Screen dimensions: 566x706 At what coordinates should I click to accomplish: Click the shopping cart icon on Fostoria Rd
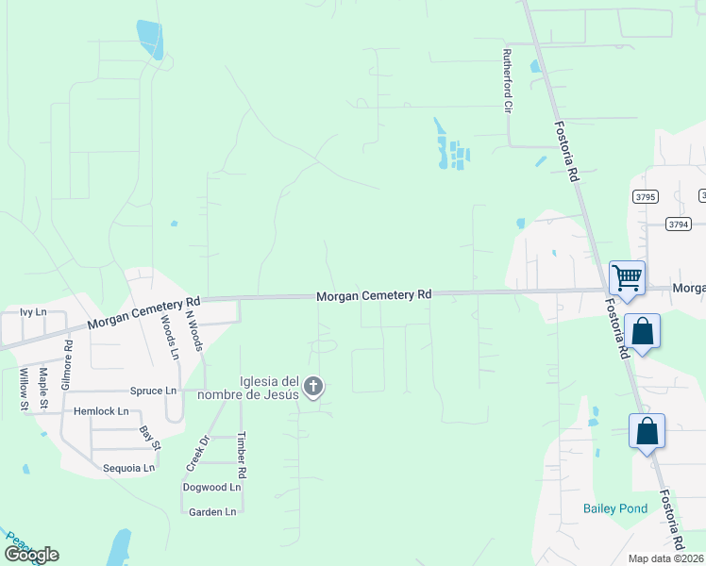click(627, 278)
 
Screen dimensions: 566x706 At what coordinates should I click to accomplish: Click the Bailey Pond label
click(614, 508)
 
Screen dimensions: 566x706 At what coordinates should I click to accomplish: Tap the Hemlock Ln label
click(101, 411)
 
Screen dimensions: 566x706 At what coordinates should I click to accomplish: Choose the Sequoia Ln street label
click(128, 468)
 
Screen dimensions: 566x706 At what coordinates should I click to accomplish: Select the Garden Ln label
click(212, 512)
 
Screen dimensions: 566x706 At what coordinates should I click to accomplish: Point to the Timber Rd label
click(242, 455)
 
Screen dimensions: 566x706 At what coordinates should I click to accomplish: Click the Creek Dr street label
click(196, 455)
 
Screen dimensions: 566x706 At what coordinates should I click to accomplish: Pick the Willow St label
click(24, 391)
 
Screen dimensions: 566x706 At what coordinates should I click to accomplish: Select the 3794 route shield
click(677, 224)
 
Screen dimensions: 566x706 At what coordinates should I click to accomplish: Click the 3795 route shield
click(646, 196)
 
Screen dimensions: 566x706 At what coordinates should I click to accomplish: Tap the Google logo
click(31, 555)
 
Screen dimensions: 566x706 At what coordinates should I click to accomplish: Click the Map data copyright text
click(666, 558)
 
